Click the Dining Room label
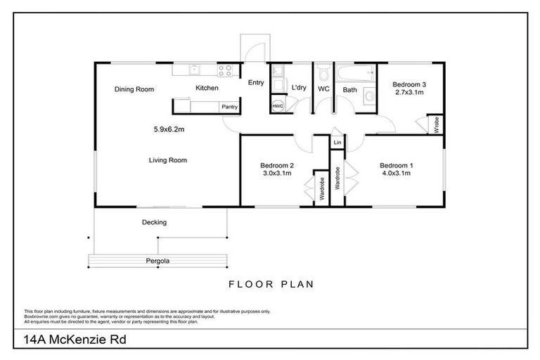pyautogui.click(x=134, y=89)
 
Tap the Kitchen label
pyautogui.click(x=207, y=88)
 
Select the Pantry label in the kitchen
pyautogui.click(x=229, y=107)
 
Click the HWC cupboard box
pyautogui.click(x=278, y=106)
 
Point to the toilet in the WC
pyautogui.click(x=323, y=72)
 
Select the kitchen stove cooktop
pyautogui.click(x=225, y=69)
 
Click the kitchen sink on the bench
pyautogui.click(x=195, y=69)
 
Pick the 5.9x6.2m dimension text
pyautogui.click(x=169, y=129)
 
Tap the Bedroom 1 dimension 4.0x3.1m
pyautogui.click(x=397, y=174)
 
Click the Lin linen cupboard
pyautogui.click(x=337, y=143)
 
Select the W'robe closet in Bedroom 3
pyautogui.click(x=437, y=125)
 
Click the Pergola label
pyautogui.click(x=158, y=261)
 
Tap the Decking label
pyautogui.click(x=155, y=222)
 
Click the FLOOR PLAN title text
pyautogui.click(x=270, y=285)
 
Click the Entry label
pyautogui.click(x=256, y=82)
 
